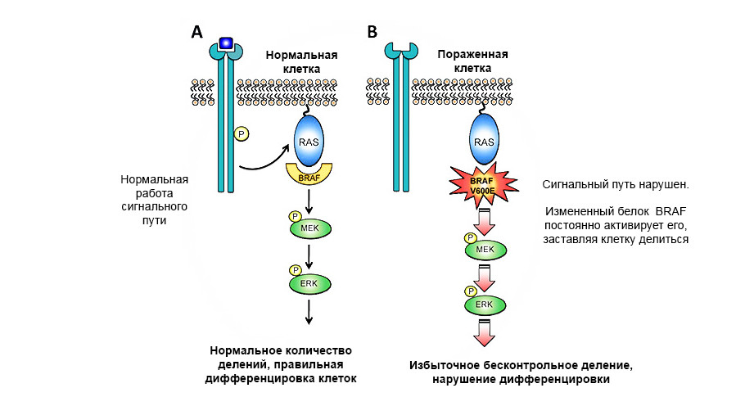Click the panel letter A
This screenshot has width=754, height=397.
196,32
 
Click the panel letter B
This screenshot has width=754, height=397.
372,32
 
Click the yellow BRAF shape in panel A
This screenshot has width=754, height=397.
309,174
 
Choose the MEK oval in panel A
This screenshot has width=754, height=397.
309,228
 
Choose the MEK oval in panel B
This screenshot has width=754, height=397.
485,250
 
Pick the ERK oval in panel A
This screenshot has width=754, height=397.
309,282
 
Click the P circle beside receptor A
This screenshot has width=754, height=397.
242,133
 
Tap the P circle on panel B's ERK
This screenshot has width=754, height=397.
471,291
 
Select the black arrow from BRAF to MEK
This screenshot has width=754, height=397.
309,199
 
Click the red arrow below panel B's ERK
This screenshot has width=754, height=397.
485,332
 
